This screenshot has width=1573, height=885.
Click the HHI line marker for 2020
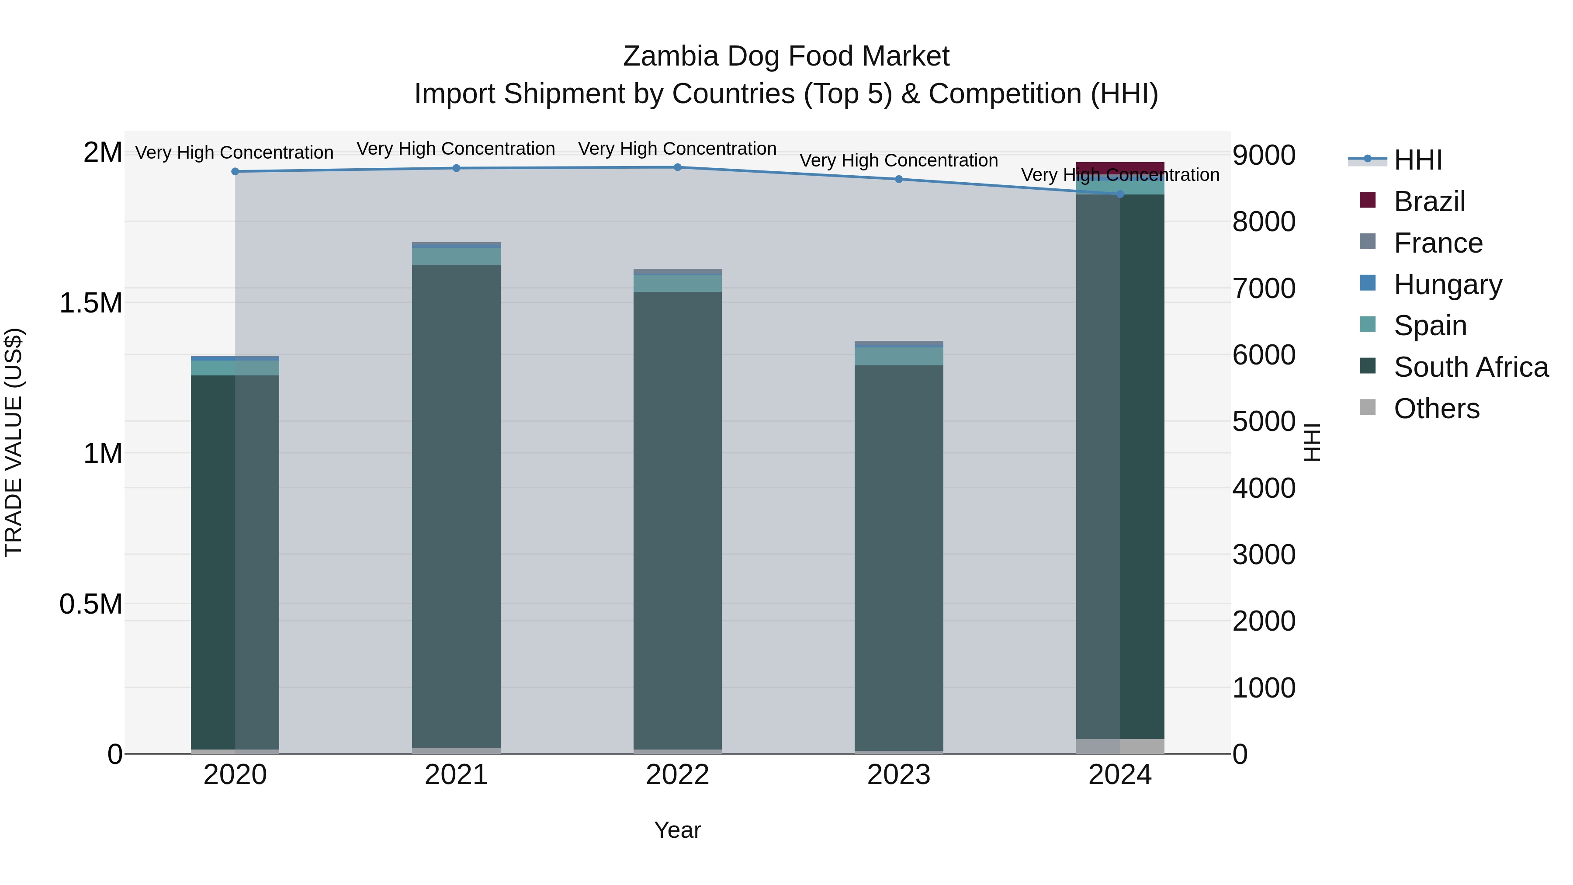[x=235, y=172]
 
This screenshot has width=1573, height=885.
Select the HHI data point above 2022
[x=677, y=167]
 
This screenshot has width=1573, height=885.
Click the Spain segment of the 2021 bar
[x=456, y=257]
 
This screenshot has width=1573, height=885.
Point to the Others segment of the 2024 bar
[x=1120, y=746]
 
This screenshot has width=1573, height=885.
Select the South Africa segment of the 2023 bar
[x=898, y=556]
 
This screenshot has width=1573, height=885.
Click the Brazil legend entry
[x=1428, y=201]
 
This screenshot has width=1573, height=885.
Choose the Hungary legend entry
[x=1447, y=285]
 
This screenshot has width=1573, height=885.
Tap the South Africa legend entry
[x=1470, y=367]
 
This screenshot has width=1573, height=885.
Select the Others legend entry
[x=1436, y=409]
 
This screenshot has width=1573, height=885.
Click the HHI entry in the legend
[x=1417, y=160]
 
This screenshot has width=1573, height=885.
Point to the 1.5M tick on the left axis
[x=90, y=303]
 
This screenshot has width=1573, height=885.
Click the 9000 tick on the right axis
[x=1263, y=155]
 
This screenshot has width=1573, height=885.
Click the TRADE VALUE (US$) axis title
[x=14, y=442]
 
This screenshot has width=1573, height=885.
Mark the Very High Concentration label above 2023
[x=898, y=161]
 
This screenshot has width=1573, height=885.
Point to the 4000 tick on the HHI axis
[x=1263, y=488]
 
